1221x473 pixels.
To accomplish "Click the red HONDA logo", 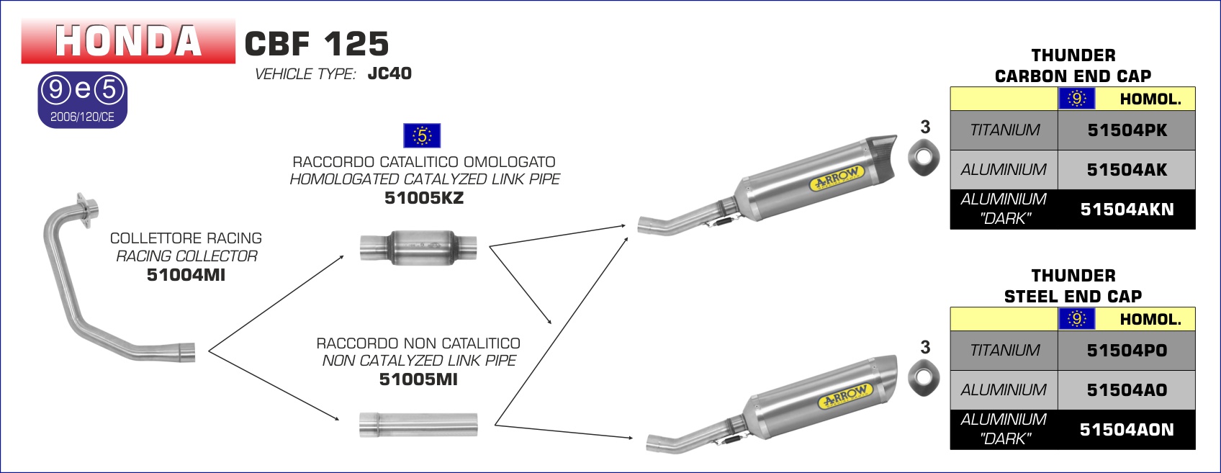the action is pos(128,41).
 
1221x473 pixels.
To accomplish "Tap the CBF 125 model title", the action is pos(317,44).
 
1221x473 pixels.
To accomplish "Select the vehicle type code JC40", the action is pos(389,73).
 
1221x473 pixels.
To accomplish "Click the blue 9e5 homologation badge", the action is pos(82,100).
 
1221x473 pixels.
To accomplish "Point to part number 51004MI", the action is pos(186,274).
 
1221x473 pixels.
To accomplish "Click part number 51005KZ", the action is pos(424,197).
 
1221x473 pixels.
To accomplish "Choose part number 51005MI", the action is pos(418,379).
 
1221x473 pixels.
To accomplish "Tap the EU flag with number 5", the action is pos(422,135).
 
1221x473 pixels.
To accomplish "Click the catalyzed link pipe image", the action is pos(418,248).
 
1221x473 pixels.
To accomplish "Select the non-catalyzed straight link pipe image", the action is pos(418,425).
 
